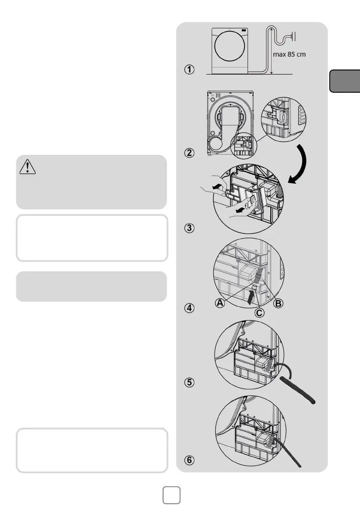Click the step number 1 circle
(189, 70)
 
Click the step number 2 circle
(189, 153)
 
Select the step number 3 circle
(189, 228)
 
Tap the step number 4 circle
(189, 308)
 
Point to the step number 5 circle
(189, 382)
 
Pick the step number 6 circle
(189, 460)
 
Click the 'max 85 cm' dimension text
(289, 54)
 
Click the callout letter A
(220, 303)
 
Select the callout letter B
(278, 304)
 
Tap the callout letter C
(259, 313)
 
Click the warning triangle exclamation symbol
(28, 167)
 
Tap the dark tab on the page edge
(345, 81)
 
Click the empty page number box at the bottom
(171, 495)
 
